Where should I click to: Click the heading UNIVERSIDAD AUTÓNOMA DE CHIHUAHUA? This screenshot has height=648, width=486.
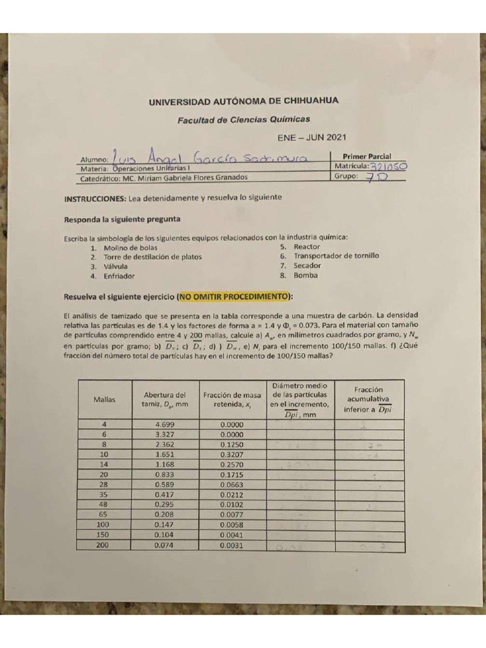coord(243,101)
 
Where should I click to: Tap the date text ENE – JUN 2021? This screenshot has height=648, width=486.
coord(312,137)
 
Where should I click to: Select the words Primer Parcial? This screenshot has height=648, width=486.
coord(366,156)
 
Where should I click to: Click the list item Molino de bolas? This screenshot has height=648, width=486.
coord(130,247)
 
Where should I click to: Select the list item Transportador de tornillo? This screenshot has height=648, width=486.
coord(336,256)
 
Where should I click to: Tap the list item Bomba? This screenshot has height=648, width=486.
coord(306,275)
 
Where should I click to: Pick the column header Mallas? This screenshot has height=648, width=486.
coord(104,399)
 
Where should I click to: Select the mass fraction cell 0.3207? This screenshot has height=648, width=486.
coord(232,454)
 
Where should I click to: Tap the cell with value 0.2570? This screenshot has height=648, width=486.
coord(232,464)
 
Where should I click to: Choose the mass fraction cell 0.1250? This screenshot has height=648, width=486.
coord(232,444)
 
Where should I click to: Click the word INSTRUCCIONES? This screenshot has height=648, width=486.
coord(95,197)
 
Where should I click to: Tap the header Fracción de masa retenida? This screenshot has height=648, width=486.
coord(232,399)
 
